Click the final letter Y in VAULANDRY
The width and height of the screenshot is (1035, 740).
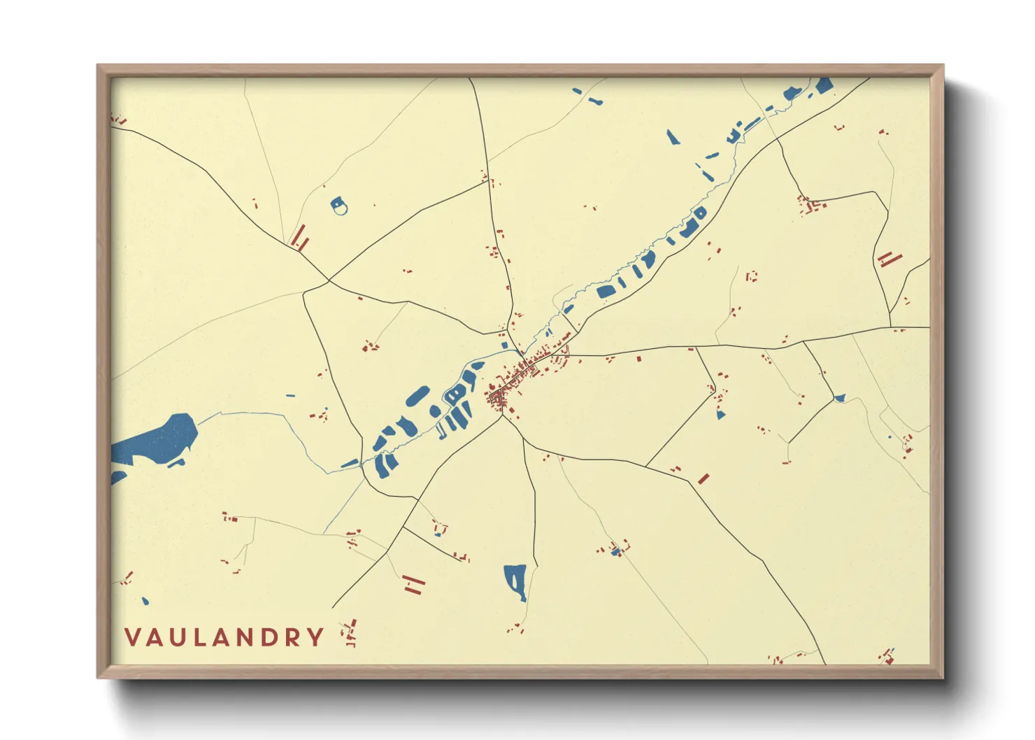click(317, 637)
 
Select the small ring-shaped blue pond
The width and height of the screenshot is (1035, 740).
click(339, 206)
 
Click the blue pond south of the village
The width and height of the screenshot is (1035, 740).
click(515, 581)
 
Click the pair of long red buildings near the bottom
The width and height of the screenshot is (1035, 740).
click(414, 584)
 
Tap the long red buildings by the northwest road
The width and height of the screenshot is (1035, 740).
click(299, 238)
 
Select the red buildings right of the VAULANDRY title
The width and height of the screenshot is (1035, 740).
click(348, 633)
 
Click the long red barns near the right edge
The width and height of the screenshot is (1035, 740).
click(889, 259)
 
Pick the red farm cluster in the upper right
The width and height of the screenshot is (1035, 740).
click(810, 206)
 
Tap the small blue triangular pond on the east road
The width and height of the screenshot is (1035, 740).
click(839, 399)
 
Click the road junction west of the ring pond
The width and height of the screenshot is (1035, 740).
click(329, 281)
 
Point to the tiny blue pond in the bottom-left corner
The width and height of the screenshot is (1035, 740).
click(145, 601)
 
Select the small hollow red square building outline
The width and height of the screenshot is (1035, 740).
click(752, 276)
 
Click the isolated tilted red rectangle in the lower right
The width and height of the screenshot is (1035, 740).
click(704, 478)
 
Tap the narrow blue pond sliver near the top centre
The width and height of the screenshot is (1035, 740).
click(672, 137)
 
